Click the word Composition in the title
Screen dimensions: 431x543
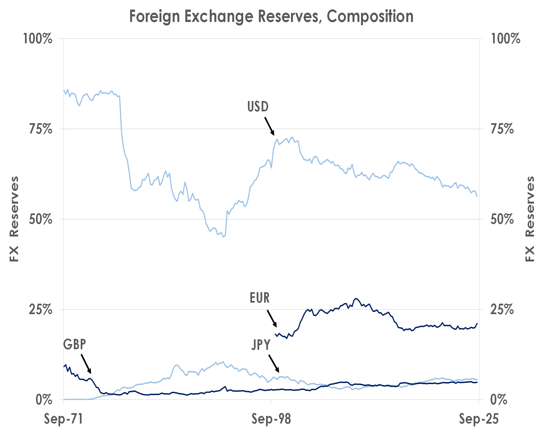point(370,16)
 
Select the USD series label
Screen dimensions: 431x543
point(258,107)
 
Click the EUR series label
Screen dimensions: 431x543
point(259,298)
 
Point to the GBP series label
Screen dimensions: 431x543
point(74,344)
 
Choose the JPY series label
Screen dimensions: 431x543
point(261,345)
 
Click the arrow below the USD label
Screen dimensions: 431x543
point(270,126)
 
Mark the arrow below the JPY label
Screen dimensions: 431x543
point(274,364)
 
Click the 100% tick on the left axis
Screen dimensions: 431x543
point(38,39)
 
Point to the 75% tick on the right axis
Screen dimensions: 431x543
point(502,129)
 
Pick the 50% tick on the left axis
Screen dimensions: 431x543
point(40,219)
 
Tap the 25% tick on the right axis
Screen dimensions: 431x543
point(502,309)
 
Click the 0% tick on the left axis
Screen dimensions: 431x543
point(44,400)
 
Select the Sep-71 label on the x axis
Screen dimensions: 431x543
point(63,419)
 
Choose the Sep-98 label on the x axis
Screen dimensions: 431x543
point(271,419)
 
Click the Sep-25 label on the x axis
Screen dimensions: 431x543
point(479,419)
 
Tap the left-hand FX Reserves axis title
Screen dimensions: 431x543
point(14,219)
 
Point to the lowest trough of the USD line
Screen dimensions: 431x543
point(223,237)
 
